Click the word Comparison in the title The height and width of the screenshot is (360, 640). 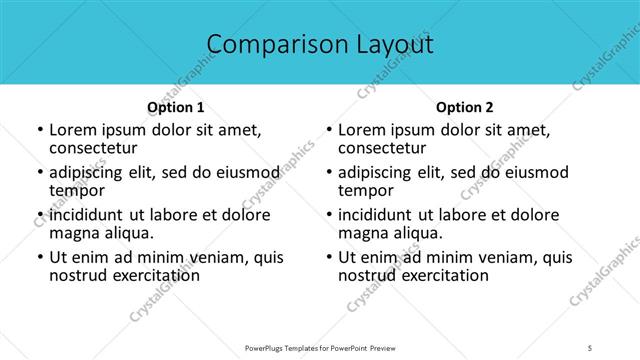pyautogui.click(x=268, y=45)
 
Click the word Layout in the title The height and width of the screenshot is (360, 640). pyautogui.click(x=393, y=45)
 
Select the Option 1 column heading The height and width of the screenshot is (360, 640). pyautogui.click(x=176, y=107)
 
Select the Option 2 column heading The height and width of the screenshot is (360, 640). pyautogui.click(x=464, y=107)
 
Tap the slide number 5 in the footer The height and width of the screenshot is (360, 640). pyautogui.click(x=591, y=347)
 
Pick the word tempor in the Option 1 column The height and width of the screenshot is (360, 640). pyautogui.click(x=76, y=191)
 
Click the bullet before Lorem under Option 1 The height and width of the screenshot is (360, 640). pyautogui.click(x=39, y=131)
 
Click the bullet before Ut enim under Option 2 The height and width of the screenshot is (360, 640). pyautogui.click(x=328, y=258)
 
